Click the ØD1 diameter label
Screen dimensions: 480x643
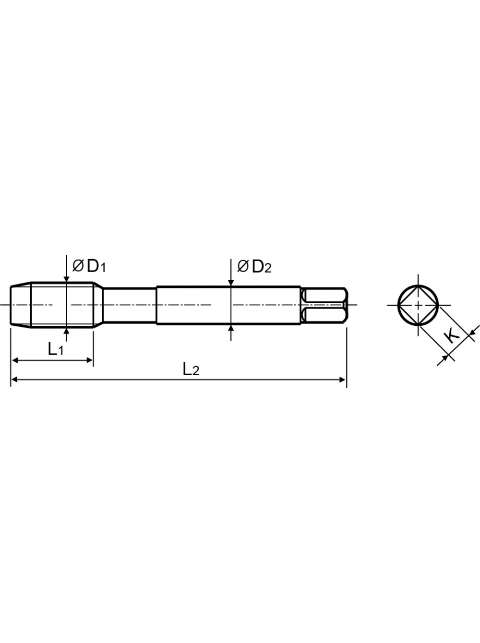click(x=89, y=267)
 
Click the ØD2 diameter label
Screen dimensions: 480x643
click(x=254, y=267)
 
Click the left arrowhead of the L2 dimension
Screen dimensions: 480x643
click(x=15, y=380)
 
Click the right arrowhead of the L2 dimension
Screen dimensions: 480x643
click(x=343, y=380)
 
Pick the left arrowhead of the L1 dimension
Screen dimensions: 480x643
click(x=17, y=360)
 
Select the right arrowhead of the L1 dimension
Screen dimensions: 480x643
click(x=89, y=360)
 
